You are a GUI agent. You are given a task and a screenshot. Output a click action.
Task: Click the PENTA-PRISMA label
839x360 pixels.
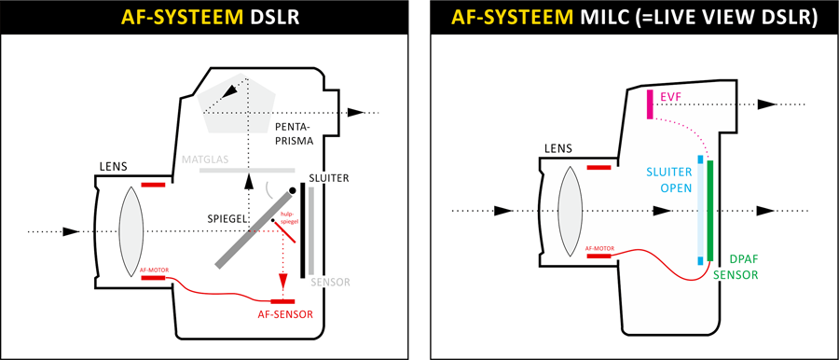(x=293, y=134)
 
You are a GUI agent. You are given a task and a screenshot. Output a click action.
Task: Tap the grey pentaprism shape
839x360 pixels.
(x=237, y=102)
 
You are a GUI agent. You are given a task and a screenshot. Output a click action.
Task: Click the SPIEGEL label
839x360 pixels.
(x=227, y=218)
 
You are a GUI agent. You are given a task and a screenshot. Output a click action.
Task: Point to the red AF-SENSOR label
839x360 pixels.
(x=284, y=314)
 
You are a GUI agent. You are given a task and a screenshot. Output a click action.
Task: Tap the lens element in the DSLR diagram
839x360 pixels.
(x=131, y=231)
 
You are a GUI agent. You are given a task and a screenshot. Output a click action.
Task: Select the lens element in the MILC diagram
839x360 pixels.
(x=570, y=212)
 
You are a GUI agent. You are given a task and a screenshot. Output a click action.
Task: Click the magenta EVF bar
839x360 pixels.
(x=650, y=104)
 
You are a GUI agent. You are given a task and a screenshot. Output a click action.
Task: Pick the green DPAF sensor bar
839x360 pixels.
(x=710, y=211)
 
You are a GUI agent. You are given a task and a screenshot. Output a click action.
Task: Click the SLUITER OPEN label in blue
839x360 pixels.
(x=669, y=180)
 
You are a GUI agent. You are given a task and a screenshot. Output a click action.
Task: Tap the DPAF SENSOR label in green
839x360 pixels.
(x=743, y=267)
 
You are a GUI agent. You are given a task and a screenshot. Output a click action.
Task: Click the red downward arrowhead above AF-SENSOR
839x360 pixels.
(x=283, y=281)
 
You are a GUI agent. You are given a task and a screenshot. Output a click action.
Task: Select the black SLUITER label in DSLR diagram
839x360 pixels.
(x=328, y=178)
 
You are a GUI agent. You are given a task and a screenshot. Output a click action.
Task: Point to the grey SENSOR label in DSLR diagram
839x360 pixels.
(x=331, y=282)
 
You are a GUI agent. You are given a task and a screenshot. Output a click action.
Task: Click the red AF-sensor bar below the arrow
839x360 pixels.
(x=283, y=301)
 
